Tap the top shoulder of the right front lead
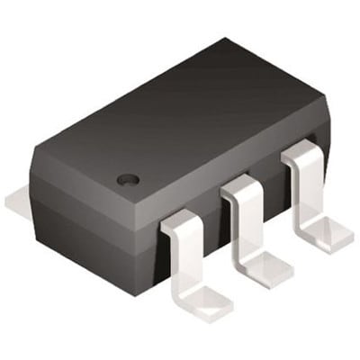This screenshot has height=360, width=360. (x=301, y=157)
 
